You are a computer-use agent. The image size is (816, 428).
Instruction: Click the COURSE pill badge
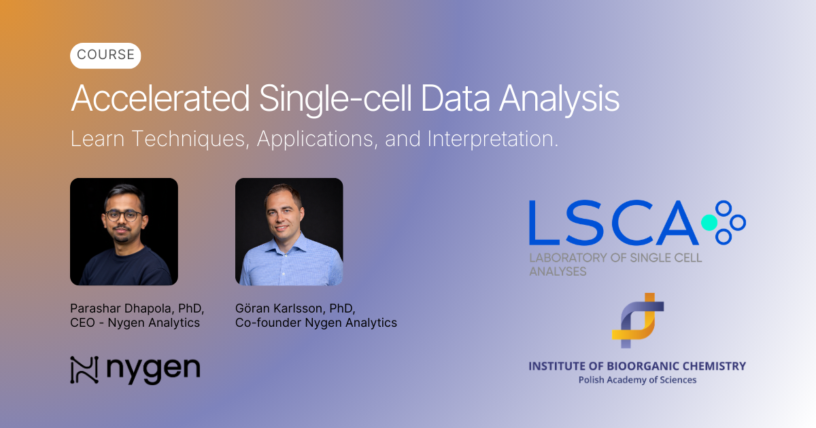(x=105, y=55)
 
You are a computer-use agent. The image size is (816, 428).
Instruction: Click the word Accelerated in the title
(x=160, y=99)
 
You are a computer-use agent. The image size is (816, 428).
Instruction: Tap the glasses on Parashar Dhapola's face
(x=124, y=215)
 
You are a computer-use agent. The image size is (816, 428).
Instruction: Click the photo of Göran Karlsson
(x=289, y=232)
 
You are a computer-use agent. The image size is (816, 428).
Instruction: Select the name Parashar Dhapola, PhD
(x=137, y=308)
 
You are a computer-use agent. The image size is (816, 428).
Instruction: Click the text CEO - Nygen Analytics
(x=135, y=323)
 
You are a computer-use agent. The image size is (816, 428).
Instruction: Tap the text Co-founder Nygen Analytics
(x=316, y=323)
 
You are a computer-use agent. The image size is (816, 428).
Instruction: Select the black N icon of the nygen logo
(x=84, y=370)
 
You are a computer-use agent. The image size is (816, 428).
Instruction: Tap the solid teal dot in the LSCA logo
(x=709, y=222)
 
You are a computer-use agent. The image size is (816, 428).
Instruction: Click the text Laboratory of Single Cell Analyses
(x=615, y=264)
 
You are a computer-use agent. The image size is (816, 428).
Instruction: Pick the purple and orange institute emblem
(x=637, y=320)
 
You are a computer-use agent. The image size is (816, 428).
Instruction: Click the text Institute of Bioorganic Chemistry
(x=637, y=366)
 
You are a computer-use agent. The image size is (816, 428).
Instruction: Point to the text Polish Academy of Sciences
(x=637, y=380)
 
